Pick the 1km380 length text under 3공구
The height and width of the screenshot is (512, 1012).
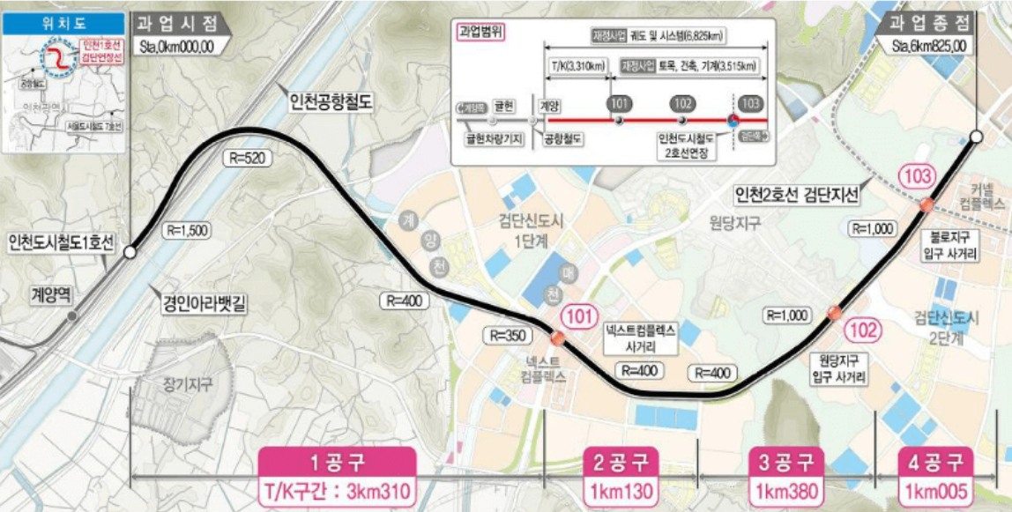785,490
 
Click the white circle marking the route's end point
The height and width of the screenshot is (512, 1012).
976,137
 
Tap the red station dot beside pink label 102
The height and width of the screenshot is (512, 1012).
833,312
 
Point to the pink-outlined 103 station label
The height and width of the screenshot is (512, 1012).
917,176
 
